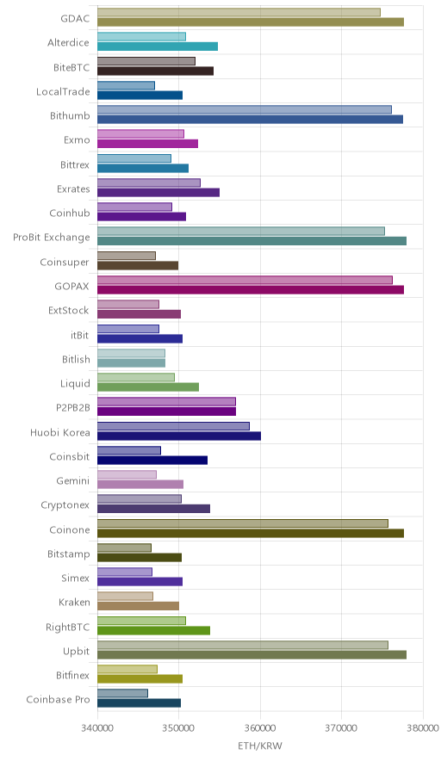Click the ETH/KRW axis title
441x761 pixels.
click(x=260, y=746)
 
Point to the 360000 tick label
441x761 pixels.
click(x=260, y=728)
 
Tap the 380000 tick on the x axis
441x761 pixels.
click(x=423, y=728)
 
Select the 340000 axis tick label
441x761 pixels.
click(x=97, y=728)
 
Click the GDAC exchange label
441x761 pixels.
click(x=75, y=18)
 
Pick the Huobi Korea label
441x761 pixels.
click(x=60, y=432)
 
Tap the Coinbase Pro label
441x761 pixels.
click(x=59, y=699)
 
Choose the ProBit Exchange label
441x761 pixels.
click(x=52, y=238)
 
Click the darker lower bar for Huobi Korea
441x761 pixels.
click(x=179, y=436)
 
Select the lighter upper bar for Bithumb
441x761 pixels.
click(x=245, y=109)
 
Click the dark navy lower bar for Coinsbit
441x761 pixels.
click(x=152, y=460)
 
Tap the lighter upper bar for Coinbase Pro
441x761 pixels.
click(x=122, y=694)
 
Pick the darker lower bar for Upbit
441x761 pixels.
click(x=252, y=655)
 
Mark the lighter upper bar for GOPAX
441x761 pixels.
click(x=245, y=280)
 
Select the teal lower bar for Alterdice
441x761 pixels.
click(x=158, y=46)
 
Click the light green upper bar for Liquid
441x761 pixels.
click(x=136, y=377)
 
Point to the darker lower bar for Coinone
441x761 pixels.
click(x=251, y=534)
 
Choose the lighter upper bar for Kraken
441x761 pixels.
click(x=125, y=596)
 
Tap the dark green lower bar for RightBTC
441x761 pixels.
click(x=153, y=630)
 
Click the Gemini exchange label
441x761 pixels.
click(x=73, y=481)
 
